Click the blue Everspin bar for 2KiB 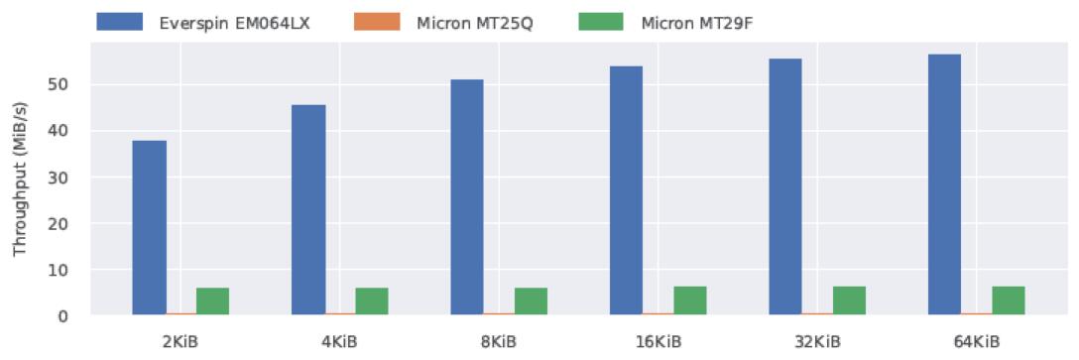(150, 228)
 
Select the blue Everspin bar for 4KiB (309, 210)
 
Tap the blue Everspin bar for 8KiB (467, 197)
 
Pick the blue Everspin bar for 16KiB (626, 190)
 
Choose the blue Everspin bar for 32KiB (785, 187)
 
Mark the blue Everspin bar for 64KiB (944, 184)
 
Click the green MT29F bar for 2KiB (212, 301)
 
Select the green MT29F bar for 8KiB (531, 301)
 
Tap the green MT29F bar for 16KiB (689, 300)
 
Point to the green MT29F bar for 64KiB (1009, 300)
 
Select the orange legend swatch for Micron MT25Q (376, 22)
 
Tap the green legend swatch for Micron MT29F (600, 22)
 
